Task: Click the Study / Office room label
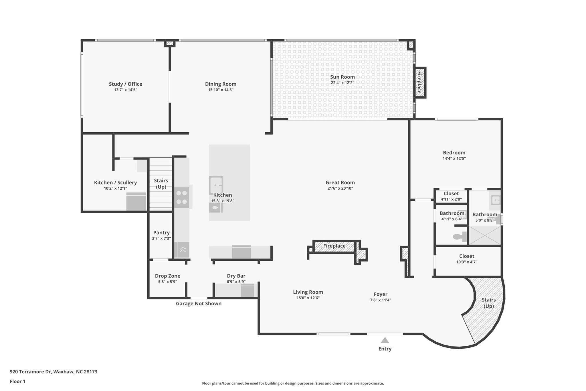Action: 125,84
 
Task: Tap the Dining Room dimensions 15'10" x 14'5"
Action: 221,90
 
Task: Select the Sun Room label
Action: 342,77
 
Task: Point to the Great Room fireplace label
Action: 334,246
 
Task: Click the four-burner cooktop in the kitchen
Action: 182,197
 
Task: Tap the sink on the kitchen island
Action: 216,185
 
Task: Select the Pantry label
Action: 161,233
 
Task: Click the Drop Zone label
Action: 167,276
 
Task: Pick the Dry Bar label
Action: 236,276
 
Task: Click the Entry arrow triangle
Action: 385,340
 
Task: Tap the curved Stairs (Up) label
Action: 488,303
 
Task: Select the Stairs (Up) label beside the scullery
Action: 161,184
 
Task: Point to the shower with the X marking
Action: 485,235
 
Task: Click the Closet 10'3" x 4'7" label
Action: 466,256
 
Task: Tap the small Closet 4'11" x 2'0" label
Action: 451,194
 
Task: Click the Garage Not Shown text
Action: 199,304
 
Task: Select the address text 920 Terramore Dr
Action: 54,372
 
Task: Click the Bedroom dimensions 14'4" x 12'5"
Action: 454,158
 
